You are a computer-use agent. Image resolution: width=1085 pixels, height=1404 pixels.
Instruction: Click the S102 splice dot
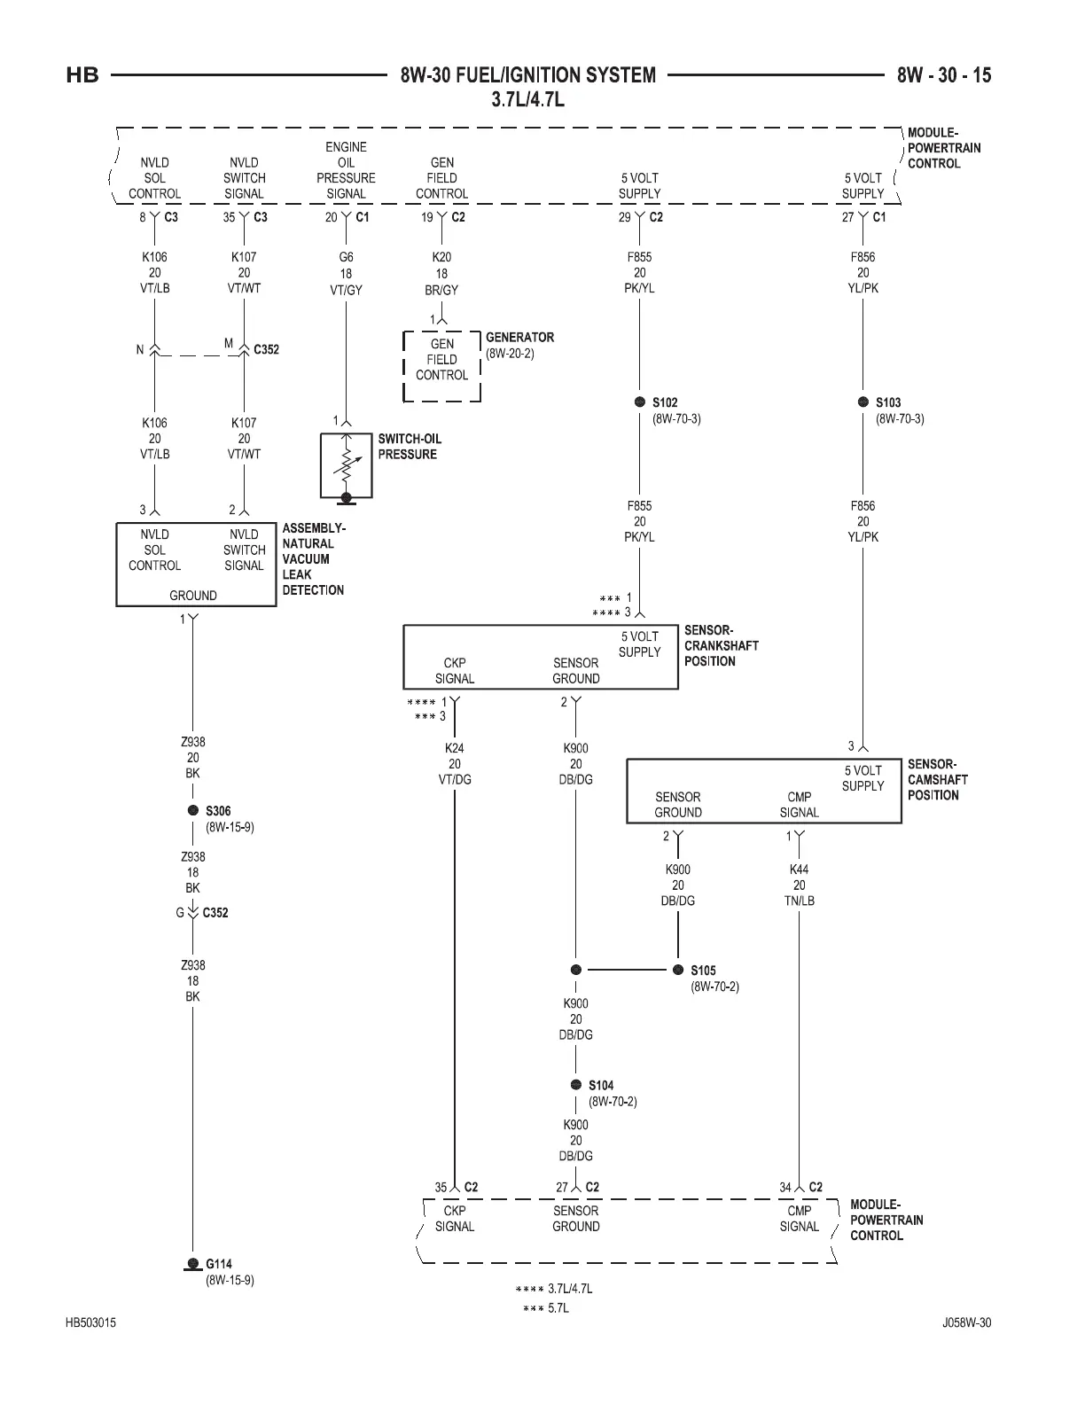(x=640, y=402)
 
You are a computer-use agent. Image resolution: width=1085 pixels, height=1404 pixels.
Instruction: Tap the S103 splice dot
(x=863, y=402)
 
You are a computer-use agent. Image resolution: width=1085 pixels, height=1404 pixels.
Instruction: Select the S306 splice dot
(x=192, y=811)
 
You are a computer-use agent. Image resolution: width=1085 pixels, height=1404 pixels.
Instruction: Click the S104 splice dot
(x=576, y=1085)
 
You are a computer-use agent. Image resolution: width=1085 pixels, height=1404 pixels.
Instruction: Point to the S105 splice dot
(x=678, y=970)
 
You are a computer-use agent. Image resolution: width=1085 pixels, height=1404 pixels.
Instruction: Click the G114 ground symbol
(x=192, y=1264)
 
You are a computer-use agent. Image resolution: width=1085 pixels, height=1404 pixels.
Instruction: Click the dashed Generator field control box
(x=441, y=365)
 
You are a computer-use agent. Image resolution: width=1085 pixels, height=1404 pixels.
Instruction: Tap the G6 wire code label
(x=346, y=258)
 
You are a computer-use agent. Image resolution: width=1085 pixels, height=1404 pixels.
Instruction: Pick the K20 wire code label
(x=441, y=258)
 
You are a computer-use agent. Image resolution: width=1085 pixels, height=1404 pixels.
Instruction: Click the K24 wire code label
(x=455, y=748)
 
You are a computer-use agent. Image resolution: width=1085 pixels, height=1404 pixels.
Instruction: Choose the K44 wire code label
(x=800, y=870)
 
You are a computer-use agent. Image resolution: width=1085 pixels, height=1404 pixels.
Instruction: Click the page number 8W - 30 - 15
(x=944, y=75)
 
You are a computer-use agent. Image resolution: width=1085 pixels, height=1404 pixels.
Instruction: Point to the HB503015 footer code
(x=90, y=1323)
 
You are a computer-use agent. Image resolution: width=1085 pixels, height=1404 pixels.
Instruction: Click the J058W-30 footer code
(x=966, y=1323)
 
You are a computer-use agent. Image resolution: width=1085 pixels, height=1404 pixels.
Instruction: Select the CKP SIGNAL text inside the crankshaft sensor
(x=455, y=670)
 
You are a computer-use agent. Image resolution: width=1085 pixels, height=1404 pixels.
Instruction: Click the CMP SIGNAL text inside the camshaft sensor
(x=800, y=804)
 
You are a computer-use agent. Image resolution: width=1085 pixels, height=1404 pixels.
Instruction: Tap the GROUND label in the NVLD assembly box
(x=193, y=596)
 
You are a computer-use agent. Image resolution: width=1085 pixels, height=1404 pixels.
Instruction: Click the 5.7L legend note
(x=558, y=1308)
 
